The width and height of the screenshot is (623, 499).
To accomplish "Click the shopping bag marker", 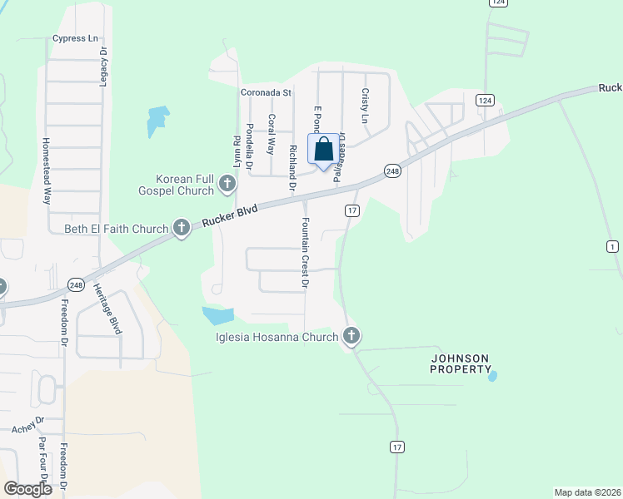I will [324, 150].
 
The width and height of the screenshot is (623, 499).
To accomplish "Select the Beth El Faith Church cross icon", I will [182, 228].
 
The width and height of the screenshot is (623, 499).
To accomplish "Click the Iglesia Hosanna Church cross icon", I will [351, 336].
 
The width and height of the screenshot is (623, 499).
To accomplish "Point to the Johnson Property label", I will [460, 363].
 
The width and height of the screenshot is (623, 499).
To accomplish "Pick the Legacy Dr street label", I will [104, 63].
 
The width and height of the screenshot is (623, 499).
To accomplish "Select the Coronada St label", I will [265, 92].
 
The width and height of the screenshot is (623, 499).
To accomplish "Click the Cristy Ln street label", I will [365, 106].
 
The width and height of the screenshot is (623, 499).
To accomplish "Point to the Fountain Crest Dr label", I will [306, 254].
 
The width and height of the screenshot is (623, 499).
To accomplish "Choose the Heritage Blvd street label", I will [106, 314].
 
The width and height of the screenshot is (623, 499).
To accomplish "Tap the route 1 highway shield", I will [614, 245].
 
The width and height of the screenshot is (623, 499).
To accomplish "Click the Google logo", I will [27, 488].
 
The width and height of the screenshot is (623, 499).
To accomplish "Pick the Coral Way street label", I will [271, 134].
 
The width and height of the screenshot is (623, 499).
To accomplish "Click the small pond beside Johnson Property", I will [492, 376].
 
